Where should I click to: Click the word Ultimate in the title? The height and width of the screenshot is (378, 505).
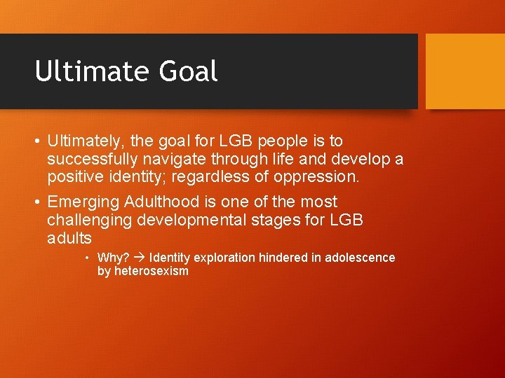pos(81,71)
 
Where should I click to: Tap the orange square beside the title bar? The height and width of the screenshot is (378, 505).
pos(465,71)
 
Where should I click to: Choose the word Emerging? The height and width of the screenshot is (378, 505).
pos(83,202)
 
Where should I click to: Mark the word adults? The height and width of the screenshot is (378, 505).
pos(69,238)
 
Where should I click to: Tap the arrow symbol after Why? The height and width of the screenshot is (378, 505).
pos(139,258)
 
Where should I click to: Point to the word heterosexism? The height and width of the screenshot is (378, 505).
pos(151,271)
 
